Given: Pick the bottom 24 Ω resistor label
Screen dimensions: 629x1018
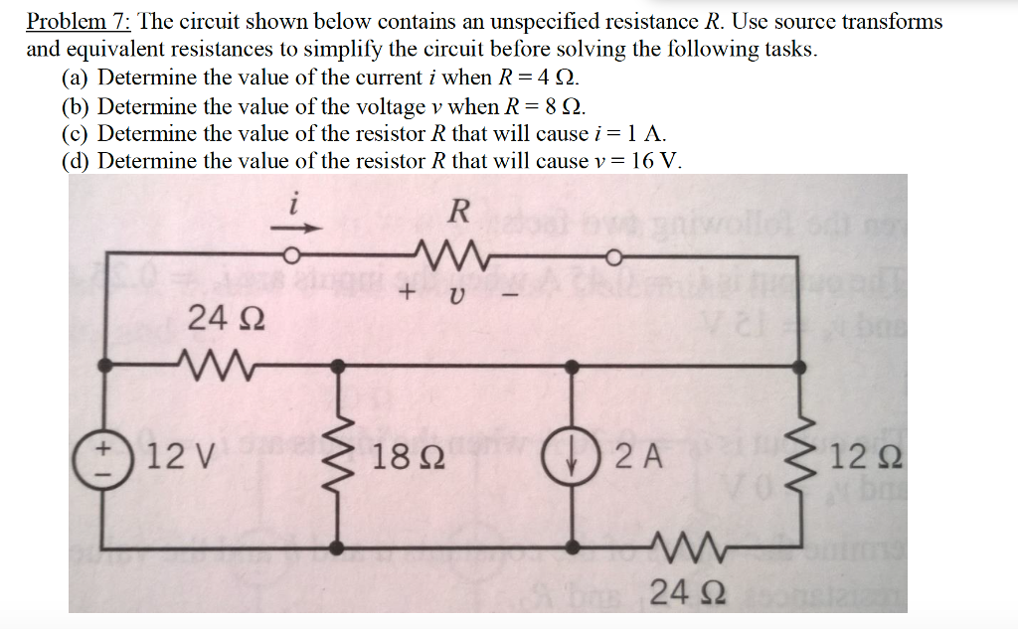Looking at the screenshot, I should tap(676, 595).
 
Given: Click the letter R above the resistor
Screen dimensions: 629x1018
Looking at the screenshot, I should tap(458, 211).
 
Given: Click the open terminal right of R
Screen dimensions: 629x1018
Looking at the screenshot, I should tap(614, 260).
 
